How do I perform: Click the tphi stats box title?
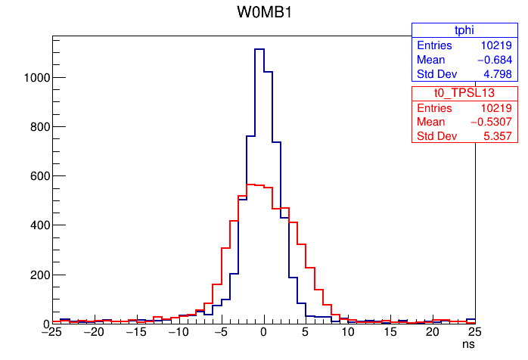pyautogui.click(x=463, y=29)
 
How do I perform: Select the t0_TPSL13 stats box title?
pyautogui.click(x=463, y=92)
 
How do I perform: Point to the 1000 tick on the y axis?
pyautogui.click(x=35, y=78)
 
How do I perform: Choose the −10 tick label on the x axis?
pyautogui.click(x=178, y=333)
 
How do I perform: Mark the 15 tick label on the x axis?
pyautogui.click(x=390, y=333)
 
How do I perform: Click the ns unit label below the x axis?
pyautogui.click(x=469, y=344)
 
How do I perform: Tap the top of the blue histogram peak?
pyautogui.click(x=259, y=49)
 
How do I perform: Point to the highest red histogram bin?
pyautogui.click(x=250, y=185)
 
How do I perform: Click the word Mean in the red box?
pyautogui.click(x=431, y=122)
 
